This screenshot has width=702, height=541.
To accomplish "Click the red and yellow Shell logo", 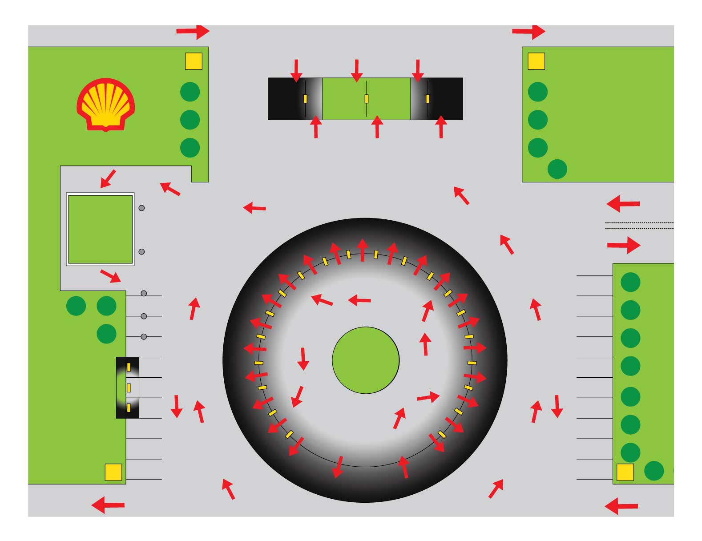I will click(105, 105).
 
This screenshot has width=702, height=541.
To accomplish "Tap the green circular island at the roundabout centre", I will click(366, 360).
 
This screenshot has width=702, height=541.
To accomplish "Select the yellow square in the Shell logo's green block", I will click(194, 61).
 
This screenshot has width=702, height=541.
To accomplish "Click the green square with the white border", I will click(100, 229).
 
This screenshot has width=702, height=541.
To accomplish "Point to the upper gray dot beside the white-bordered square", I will click(141, 208).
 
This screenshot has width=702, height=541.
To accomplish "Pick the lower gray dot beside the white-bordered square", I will click(141, 252).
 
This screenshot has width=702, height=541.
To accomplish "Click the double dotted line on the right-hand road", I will click(639, 226).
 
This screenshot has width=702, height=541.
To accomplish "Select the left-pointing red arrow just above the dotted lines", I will click(623, 204).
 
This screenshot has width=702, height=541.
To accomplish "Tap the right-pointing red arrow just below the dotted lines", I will click(624, 245).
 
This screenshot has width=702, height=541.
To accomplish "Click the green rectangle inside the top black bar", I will click(366, 99).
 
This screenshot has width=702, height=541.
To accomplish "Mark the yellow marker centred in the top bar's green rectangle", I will click(367, 99).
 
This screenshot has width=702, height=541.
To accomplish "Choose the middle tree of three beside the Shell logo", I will click(190, 120).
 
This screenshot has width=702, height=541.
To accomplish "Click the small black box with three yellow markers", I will click(128, 388).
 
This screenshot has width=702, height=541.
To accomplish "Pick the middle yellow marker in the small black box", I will click(129, 388).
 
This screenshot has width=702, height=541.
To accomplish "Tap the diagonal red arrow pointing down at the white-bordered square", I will click(108, 178).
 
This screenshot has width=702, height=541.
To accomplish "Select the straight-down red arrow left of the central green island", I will click(303, 359).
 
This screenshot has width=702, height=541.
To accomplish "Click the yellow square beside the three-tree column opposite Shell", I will click(536, 61).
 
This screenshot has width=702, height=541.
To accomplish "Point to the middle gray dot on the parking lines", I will click(144, 316).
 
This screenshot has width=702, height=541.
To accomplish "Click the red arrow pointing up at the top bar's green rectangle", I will click(377, 127).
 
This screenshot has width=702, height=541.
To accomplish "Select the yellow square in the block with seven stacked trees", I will click(625, 472).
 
